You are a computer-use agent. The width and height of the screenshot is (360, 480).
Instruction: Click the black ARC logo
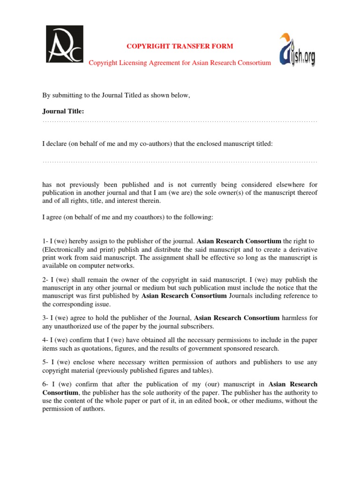click(x=64, y=44)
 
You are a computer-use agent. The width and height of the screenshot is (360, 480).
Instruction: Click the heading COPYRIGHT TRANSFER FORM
click(x=180, y=46)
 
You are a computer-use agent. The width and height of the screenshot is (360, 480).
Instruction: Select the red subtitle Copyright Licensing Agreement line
click(x=180, y=63)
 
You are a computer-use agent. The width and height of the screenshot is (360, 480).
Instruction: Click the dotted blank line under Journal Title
click(x=180, y=121)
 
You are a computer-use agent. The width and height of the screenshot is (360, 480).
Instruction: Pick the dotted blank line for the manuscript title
click(x=180, y=162)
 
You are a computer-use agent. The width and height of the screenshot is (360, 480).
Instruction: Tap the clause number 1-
click(x=45, y=241)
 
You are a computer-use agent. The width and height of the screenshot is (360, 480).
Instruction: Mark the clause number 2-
click(x=45, y=280)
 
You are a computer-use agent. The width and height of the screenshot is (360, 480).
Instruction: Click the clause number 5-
click(x=45, y=362)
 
